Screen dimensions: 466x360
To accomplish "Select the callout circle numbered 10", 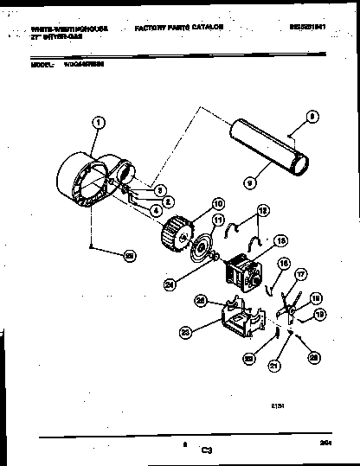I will pyautogui.click(x=217, y=204).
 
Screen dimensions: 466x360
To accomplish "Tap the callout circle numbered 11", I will pyautogui.click(x=218, y=220).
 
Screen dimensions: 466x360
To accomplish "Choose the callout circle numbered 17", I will pyautogui.click(x=301, y=276).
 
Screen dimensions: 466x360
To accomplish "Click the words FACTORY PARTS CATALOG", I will pyautogui.click(x=179, y=29).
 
